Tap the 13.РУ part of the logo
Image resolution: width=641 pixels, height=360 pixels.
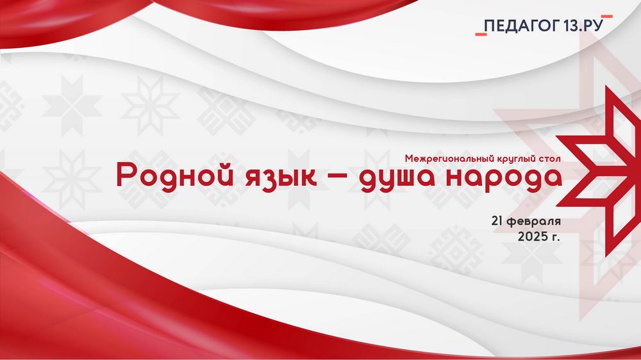pos(584,26)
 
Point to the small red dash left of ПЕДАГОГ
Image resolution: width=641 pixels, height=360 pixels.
pos(481,35)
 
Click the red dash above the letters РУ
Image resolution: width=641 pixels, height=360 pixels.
pos(606,17)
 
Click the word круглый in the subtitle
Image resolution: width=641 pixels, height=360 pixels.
pos(517,159)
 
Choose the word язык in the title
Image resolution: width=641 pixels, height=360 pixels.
pos(281,177)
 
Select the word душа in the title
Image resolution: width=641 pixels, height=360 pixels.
pos(396,177)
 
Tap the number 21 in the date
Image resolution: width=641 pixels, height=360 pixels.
pos(497,221)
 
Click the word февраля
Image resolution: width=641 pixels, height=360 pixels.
pos(534,222)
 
